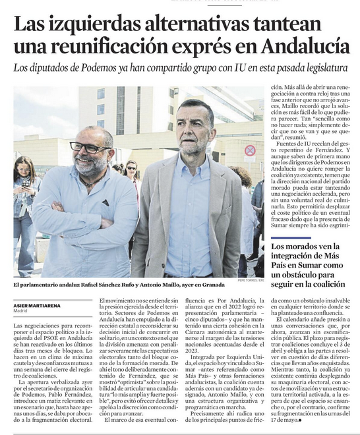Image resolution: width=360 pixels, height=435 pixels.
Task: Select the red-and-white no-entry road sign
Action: click(x=250, y=150)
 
